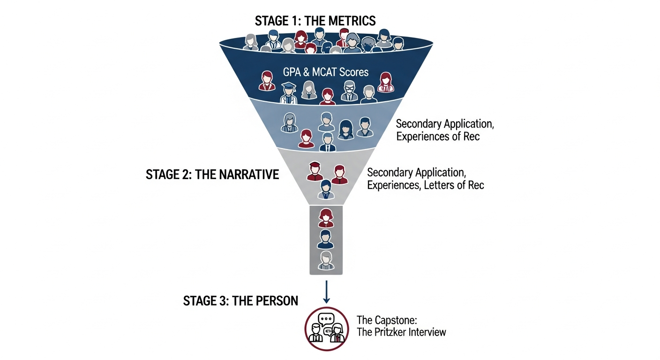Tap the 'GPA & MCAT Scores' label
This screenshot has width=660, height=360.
point(326,73)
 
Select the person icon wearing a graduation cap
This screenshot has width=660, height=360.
point(288,92)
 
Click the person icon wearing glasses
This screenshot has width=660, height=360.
point(349,91)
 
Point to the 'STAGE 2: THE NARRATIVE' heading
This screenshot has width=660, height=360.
point(212,175)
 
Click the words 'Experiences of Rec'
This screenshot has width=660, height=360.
point(438,137)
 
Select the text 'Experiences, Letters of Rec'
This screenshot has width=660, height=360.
point(425,185)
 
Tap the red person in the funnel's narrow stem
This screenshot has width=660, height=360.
point(326,217)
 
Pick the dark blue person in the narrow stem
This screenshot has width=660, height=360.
point(326,239)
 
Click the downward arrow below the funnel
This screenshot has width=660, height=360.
point(327,292)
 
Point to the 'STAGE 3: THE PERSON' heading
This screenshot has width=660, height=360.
point(240,301)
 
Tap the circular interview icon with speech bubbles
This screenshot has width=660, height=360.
point(326,329)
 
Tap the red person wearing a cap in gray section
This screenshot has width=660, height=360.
point(315,172)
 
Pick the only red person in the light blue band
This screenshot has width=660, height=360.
point(306,138)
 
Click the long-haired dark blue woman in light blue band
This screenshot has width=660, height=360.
point(346,129)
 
